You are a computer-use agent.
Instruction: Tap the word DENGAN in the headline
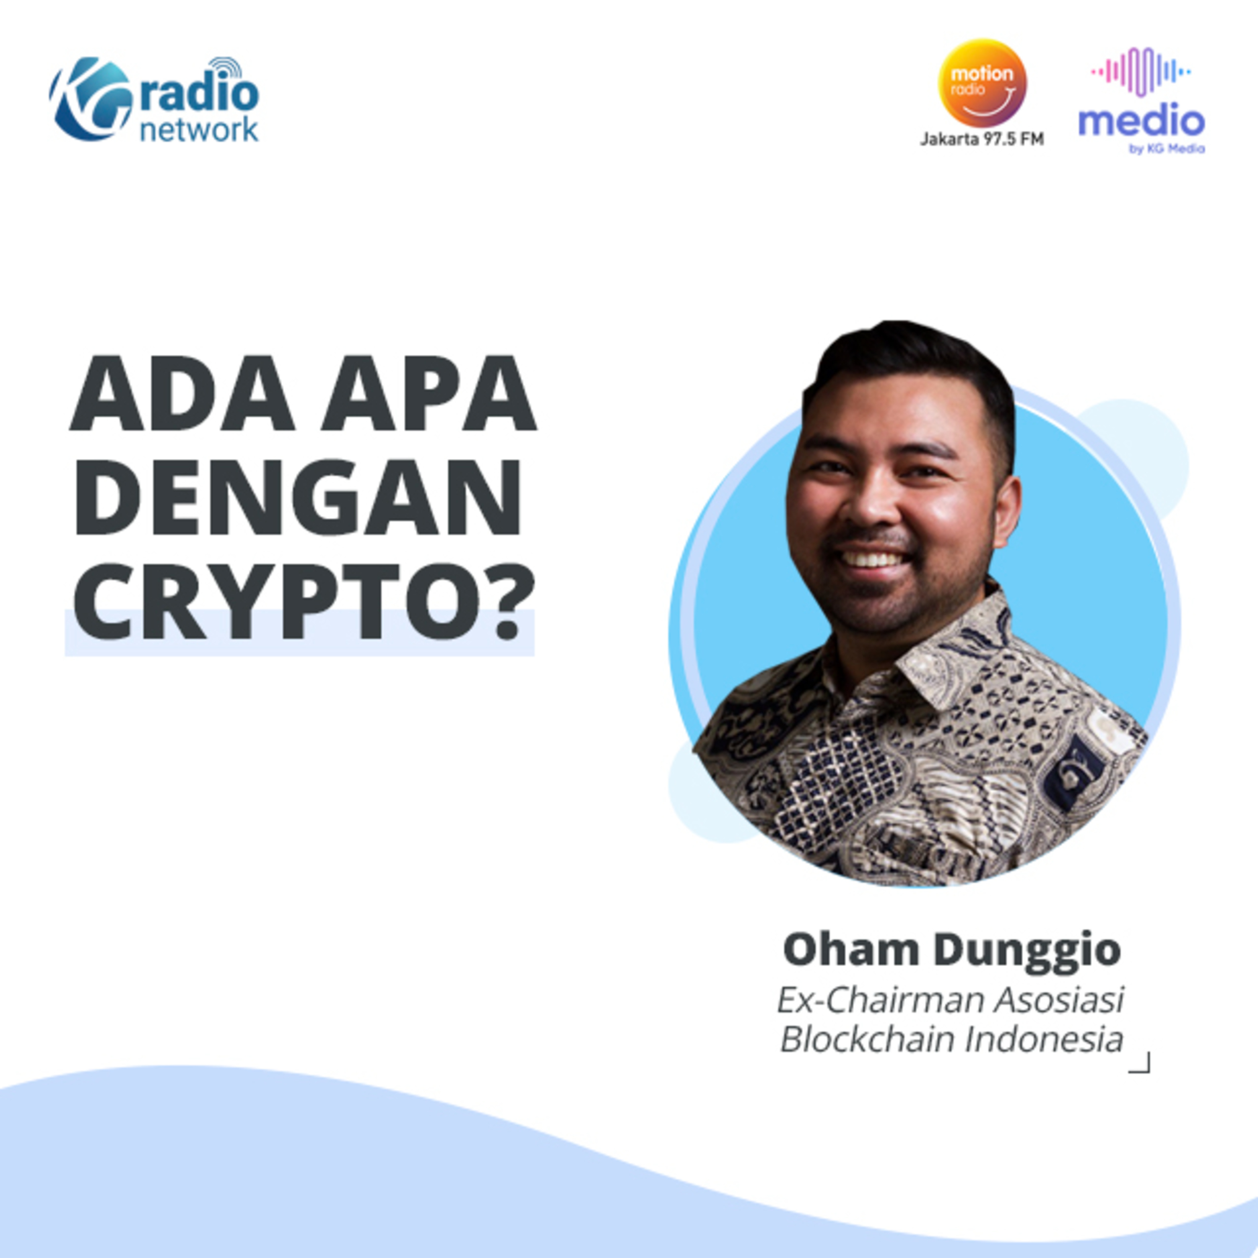point(298,497)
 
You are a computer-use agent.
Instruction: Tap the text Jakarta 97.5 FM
point(982,139)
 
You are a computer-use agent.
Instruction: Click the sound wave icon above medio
point(1141,72)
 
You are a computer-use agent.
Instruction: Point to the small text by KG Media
point(1167,148)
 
